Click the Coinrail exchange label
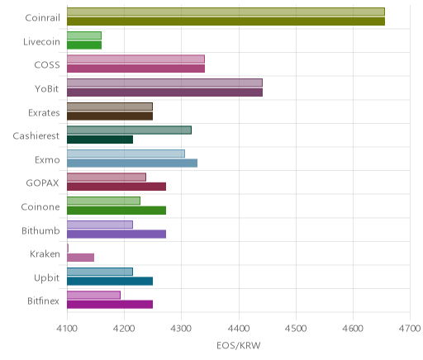[42, 17]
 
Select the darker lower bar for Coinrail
[226, 21]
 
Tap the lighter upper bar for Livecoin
[84, 36]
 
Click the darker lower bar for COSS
[135, 69]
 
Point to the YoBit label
[46, 88]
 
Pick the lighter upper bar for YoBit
[164, 83]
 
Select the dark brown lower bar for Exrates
[110, 116]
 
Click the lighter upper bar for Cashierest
[129, 130]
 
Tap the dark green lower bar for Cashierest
[100, 140]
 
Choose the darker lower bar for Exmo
[132, 163]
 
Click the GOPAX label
[42, 183]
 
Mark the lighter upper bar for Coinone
[103, 201]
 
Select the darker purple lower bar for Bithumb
[116, 234]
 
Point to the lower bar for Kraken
[80, 258]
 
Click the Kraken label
[45, 253]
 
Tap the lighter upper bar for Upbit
[100, 272]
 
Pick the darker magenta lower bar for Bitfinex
[110, 305]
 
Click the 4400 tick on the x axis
[239, 329]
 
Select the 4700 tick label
[410, 329]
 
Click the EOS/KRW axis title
[239, 345]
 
